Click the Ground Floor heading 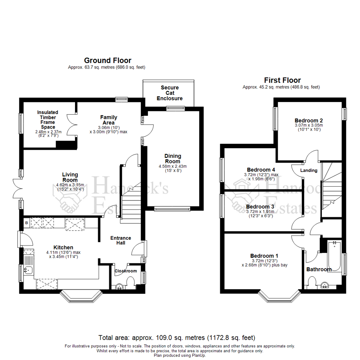click(x=107, y=60)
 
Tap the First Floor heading click(x=282, y=80)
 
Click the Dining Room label click(x=173, y=158)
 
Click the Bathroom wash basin click(x=324, y=285)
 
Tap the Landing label click(x=309, y=170)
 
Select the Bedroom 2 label click(x=308, y=120)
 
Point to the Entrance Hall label click(x=121, y=240)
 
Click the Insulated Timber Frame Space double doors click(x=71, y=124)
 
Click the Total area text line click(x=177, y=337)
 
